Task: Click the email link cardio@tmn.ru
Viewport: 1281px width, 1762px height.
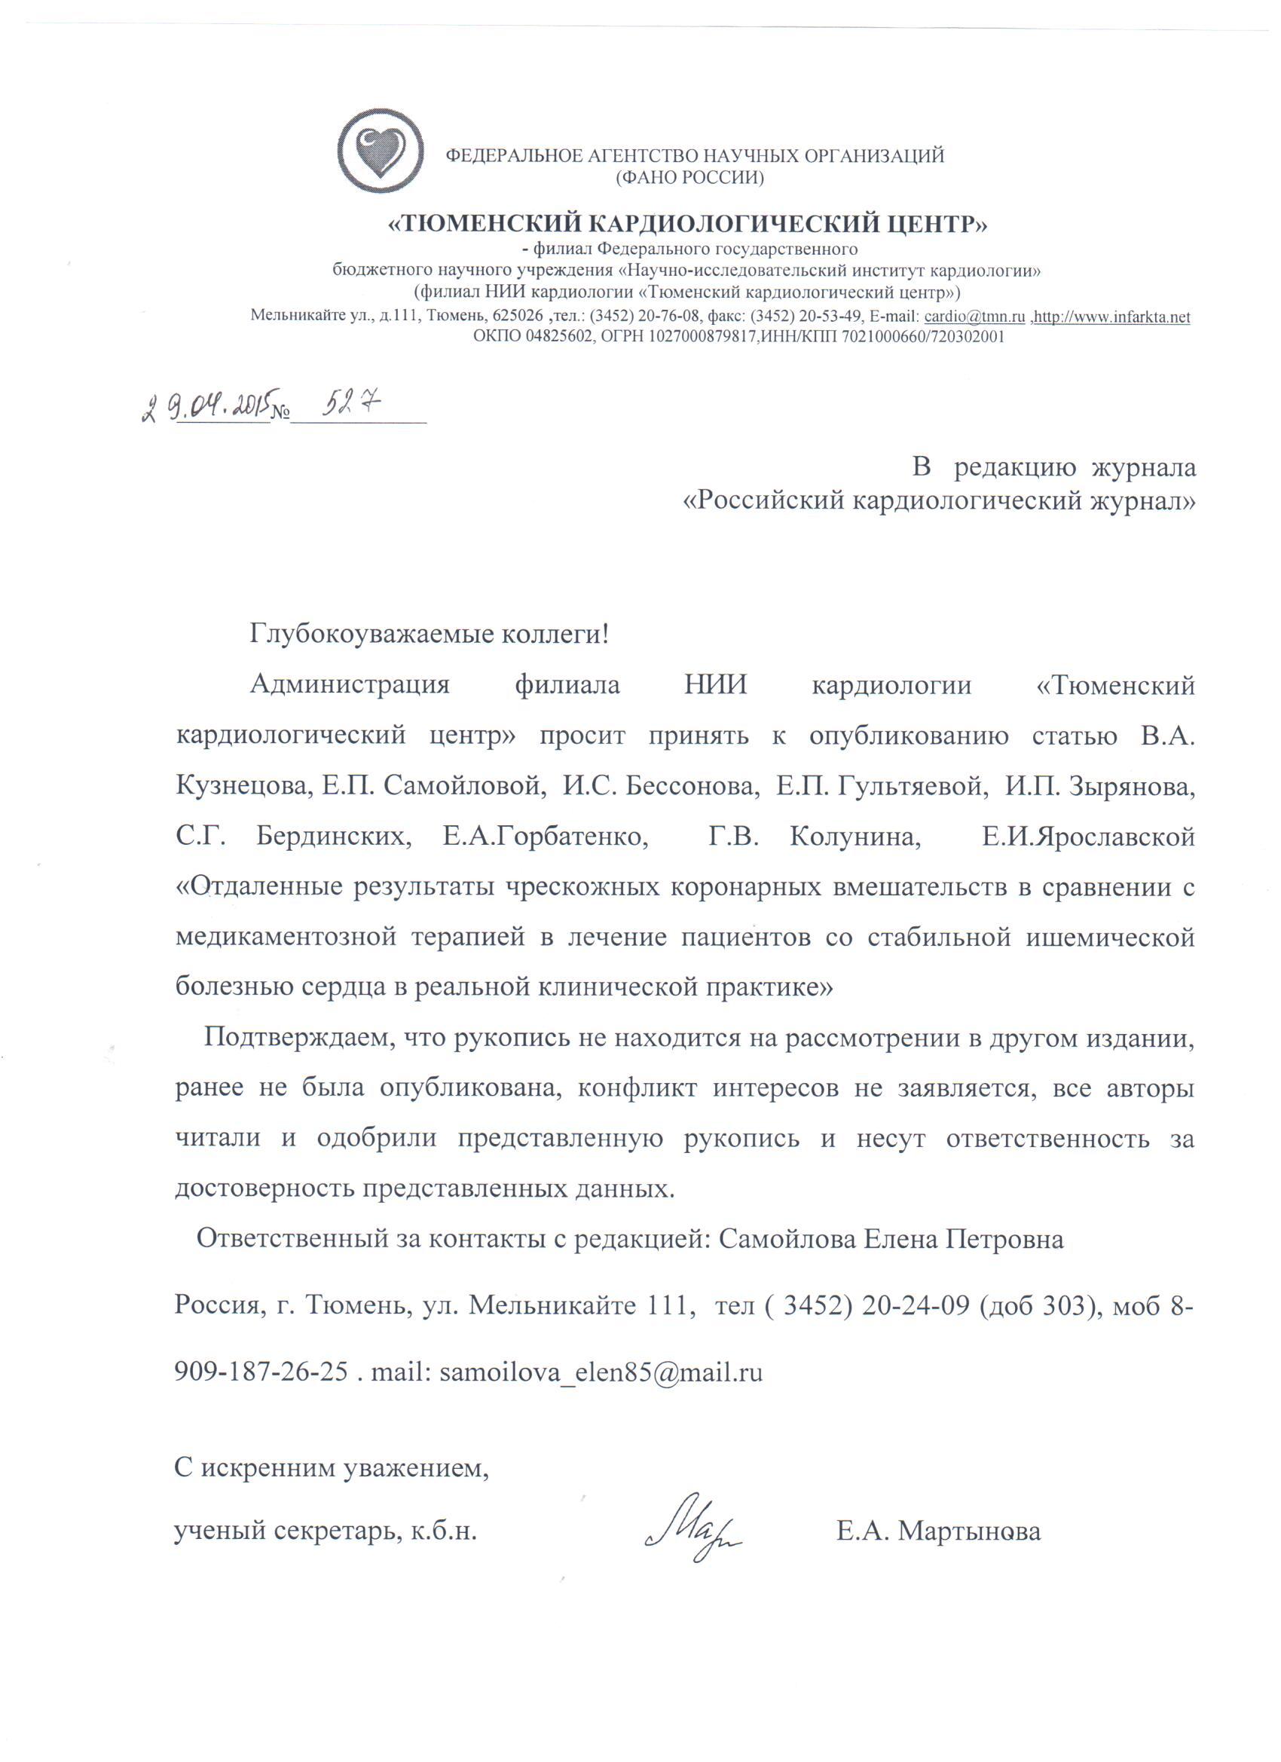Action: (x=977, y=317)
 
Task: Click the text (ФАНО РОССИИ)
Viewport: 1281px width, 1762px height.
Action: (x=689, y=178)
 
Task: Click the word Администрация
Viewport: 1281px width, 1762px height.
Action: (x=350, y=686)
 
